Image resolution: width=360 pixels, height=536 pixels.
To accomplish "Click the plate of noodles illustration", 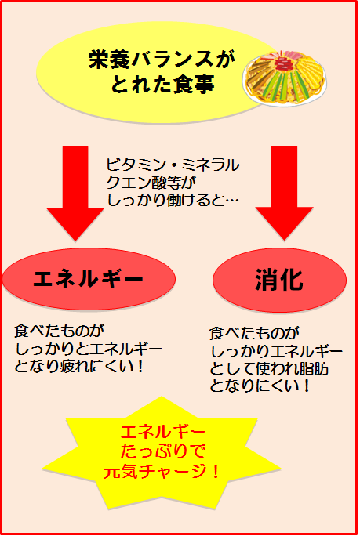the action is [285, 78].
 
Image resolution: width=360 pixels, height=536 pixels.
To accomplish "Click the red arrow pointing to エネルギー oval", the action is [75, 193].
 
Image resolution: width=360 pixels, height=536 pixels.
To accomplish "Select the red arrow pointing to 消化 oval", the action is [284, 193].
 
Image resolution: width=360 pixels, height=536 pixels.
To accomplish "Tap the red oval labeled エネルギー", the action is [89, 279].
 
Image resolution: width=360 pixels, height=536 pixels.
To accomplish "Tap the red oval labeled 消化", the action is [279, 280].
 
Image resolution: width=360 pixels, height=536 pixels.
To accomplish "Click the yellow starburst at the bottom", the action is [162, 453].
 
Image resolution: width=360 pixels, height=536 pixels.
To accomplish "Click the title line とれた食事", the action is [163, 83].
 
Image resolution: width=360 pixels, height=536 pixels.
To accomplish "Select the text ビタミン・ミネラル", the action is [173, 165].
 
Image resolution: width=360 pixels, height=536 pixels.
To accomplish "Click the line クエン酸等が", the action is [151, 183].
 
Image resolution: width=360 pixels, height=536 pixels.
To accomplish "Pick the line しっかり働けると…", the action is [173, 200].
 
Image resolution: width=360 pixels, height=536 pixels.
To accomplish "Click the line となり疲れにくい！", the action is [78, 367].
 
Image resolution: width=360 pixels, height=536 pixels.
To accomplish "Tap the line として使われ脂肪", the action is [269, 369].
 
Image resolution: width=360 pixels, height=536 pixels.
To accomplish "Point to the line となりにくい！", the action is [260, 386].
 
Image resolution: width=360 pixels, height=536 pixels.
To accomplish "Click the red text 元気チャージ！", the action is [162, 472].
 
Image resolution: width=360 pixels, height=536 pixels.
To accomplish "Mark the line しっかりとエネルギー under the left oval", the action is [89, 349].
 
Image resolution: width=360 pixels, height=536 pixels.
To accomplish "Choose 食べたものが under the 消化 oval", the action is [254, 334].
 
